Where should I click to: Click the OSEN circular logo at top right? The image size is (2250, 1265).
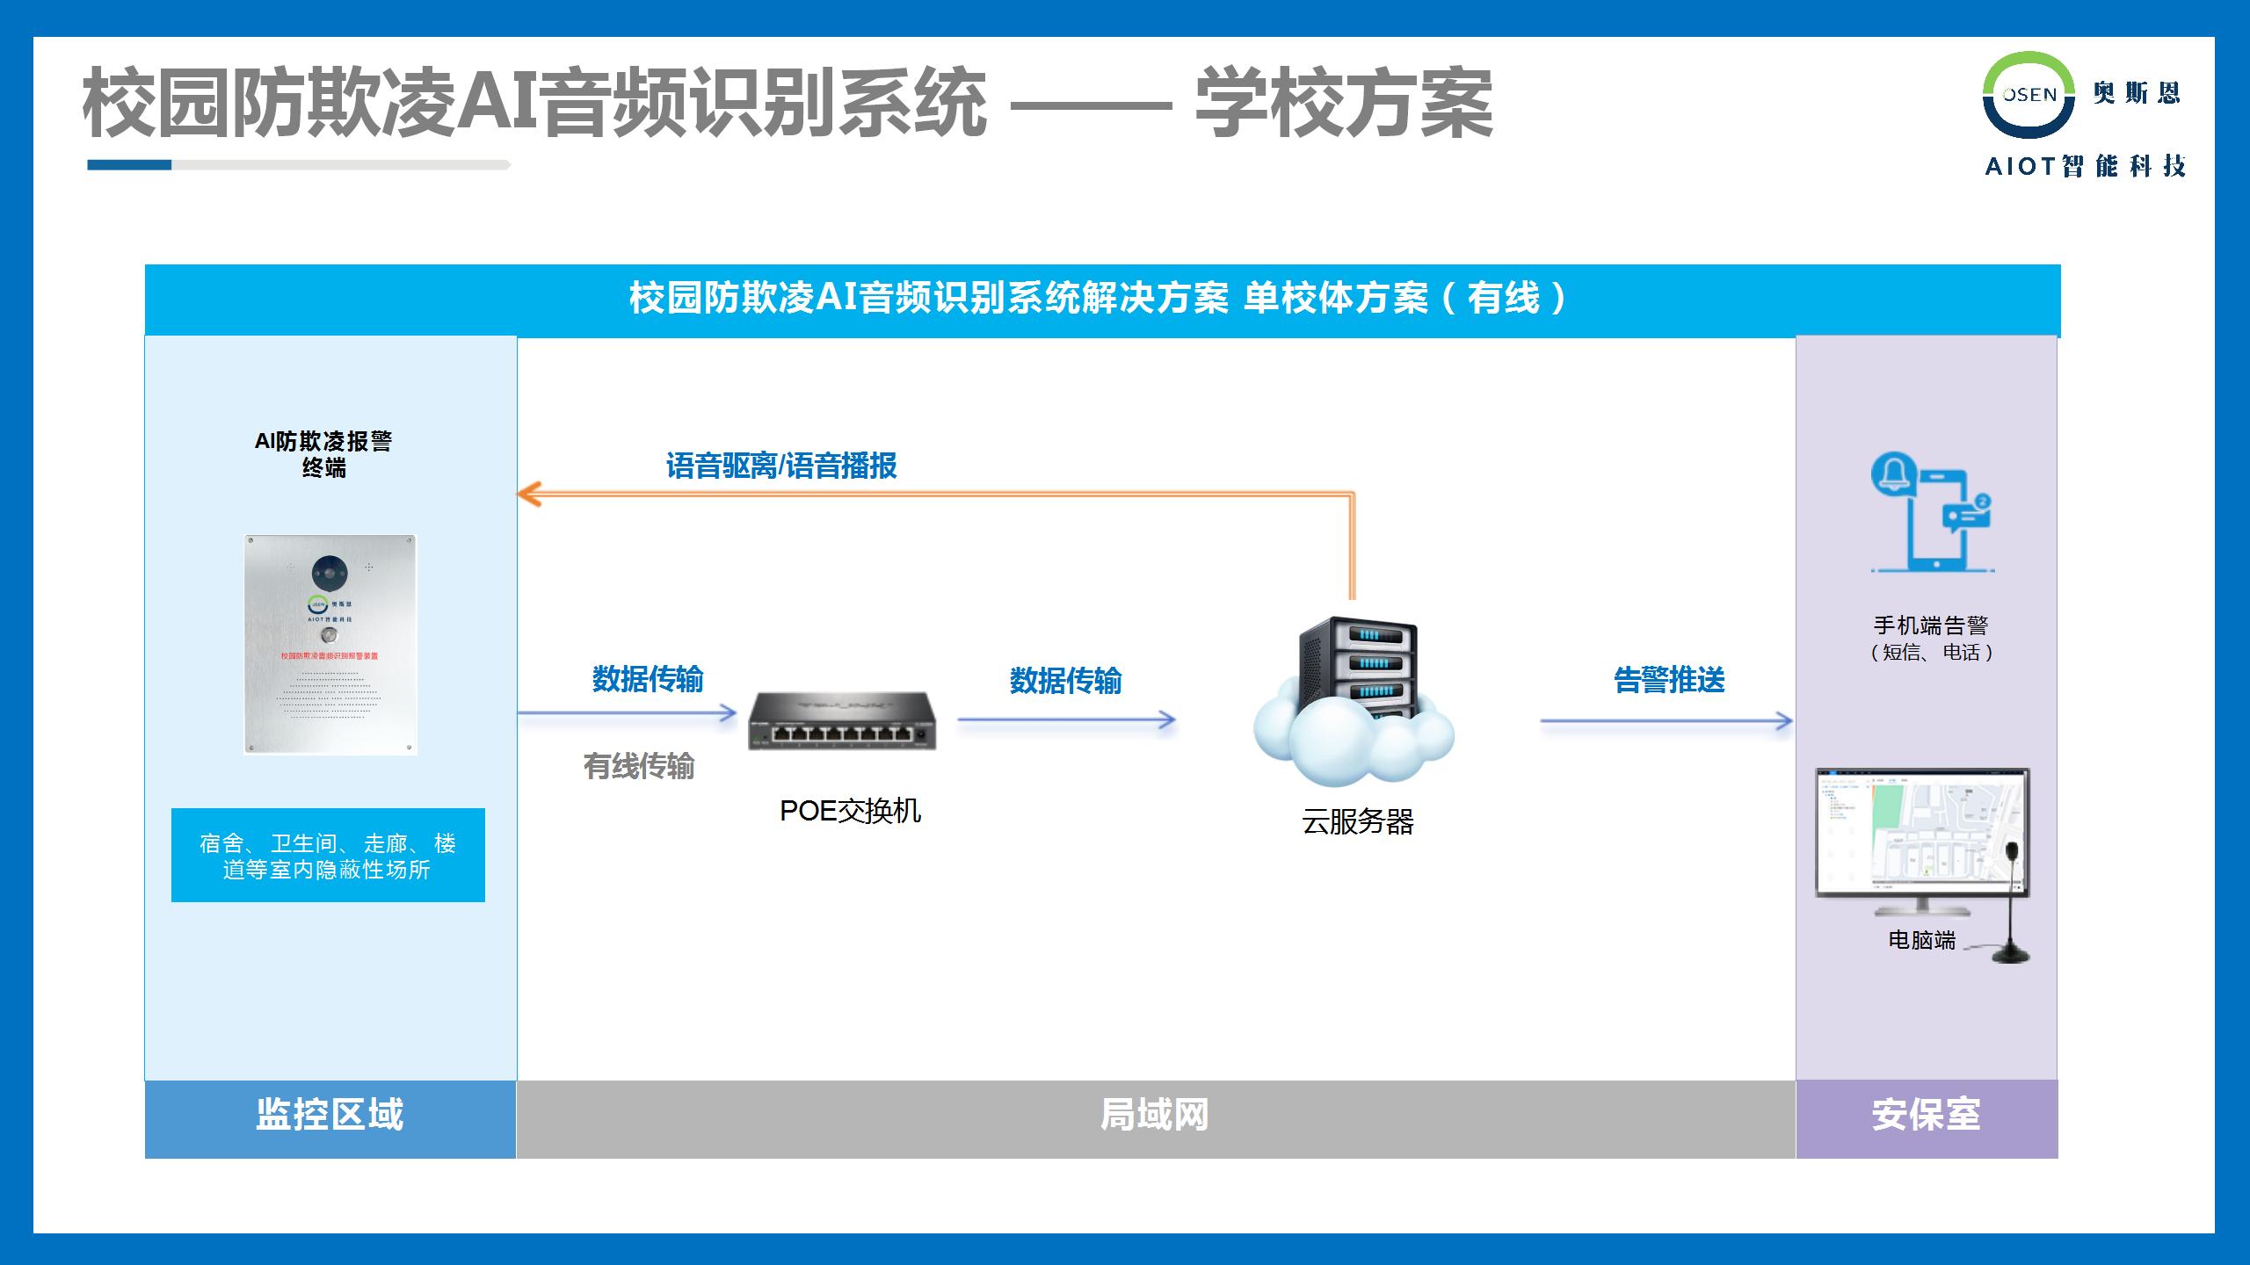pos(2029,95)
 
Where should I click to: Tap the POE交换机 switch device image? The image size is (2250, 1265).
pos(842,721)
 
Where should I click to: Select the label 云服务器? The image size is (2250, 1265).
pos(1357,822)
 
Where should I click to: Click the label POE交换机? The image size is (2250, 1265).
pos(850,810)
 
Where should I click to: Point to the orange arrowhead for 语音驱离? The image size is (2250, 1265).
pos(527,495)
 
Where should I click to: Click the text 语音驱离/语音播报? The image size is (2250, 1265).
pos(780,466)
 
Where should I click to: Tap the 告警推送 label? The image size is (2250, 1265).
pos(1669,680)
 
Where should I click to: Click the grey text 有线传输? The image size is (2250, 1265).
pos(639,766)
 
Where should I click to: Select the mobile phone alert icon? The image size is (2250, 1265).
pos(1931,513)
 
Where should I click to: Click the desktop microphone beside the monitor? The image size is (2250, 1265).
pos(2010,905)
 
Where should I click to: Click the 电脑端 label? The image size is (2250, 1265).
pos(1921,940)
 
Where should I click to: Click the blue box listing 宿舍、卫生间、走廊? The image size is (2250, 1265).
pos(328,856)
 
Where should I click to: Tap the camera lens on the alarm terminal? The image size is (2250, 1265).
pos(330,574)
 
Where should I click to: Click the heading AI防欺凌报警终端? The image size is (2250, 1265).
pos(323,453)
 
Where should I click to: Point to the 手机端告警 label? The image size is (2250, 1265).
pos(1931,625)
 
